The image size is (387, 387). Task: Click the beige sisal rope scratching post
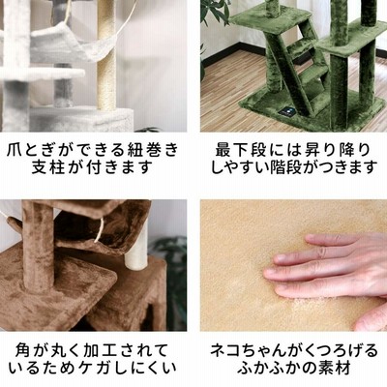(106, 55)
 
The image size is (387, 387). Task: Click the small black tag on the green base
(285, 111)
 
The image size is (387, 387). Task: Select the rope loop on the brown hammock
(100, 230)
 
